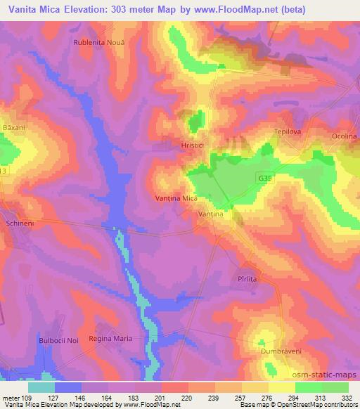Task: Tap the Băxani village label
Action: tap(13, 128)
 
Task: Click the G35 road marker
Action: tap(263, 180)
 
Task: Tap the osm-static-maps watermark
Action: tap(328, 372)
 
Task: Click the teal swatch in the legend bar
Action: tap(41, 387)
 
